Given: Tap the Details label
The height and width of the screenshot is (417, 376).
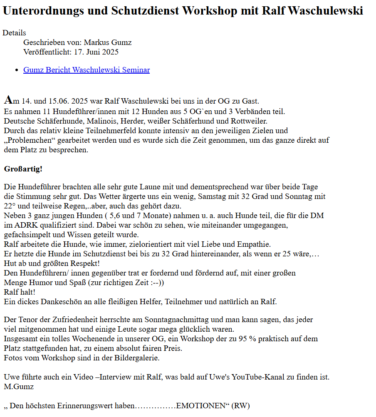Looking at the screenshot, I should (14, 33).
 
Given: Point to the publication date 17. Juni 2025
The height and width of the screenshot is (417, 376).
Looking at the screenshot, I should (96, 52).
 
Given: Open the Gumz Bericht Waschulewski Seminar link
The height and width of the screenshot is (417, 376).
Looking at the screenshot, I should (87, 70).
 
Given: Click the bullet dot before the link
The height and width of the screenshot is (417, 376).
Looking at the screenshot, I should (16, 70).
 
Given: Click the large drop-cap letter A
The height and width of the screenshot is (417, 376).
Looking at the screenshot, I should (8, 100).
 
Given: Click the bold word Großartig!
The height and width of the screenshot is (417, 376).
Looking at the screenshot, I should (23, 169).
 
